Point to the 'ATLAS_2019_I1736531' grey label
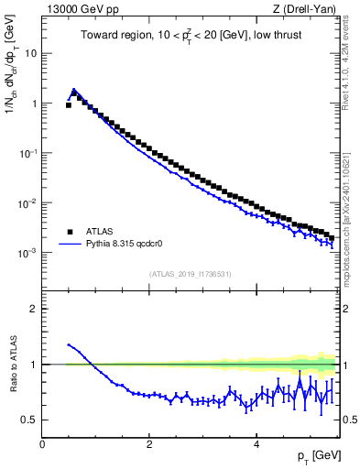coord(190,274)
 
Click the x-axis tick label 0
coord(42,444)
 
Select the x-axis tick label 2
coord(148,444)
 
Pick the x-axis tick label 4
coord(255,444)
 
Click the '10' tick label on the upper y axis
coord(30,53)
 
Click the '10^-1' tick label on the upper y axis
coord(28,153)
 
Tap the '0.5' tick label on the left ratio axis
coord(28,420)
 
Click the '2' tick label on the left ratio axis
coord(33,309)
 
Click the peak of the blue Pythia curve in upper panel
coord(74,90)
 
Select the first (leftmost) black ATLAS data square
coord(69,105)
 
